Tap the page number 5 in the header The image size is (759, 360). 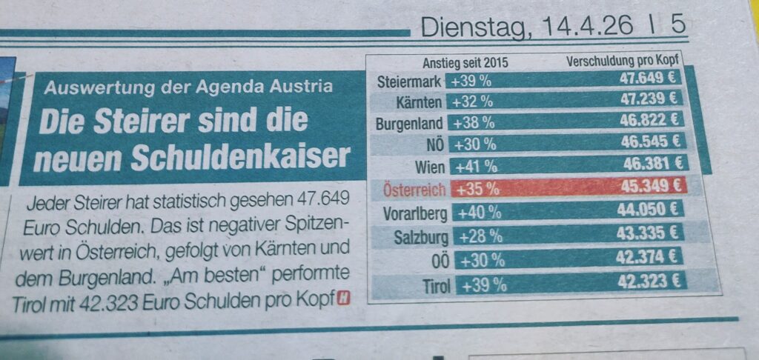pyautogui.click(x=677, y=25)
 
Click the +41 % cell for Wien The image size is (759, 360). pyautogui.click(x=478, y=166)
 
